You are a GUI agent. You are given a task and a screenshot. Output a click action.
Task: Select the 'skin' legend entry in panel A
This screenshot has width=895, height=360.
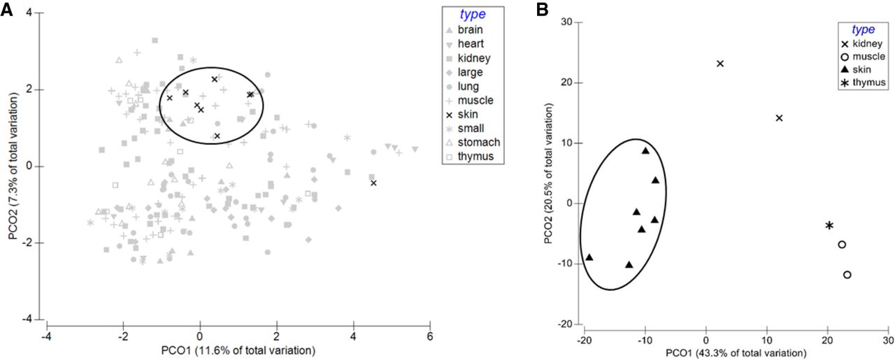pyautogui.click(x=469, y=114)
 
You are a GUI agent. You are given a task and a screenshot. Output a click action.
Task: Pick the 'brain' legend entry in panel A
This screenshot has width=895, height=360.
pyautogui.click(x=470, y=29)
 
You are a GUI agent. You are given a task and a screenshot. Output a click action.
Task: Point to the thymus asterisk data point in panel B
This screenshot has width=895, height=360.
pyautogui.click(x=829, y=226)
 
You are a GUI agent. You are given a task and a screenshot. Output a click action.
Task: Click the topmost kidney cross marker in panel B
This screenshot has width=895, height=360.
pyautogui.click(x=720, y=64)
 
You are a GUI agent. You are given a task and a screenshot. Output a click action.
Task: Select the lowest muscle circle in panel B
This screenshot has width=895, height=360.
pyautogui.click(x=847, y=275)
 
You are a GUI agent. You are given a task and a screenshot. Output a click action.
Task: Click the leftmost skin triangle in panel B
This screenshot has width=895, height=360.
pyautogui.click(x=589, y=257)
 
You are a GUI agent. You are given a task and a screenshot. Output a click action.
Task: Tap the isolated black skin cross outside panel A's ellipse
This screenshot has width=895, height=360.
pyautogui.click(x=373, y=183)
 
